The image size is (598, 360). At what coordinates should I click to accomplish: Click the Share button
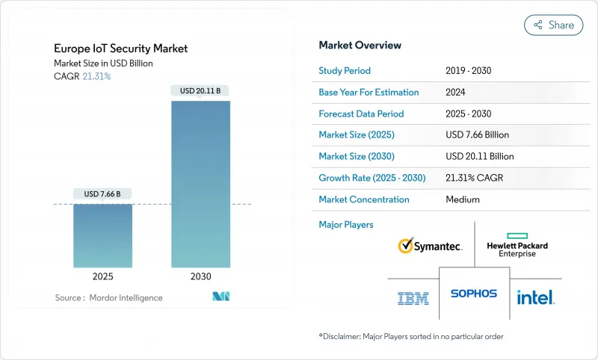pyautogui.click(x=553, y=25)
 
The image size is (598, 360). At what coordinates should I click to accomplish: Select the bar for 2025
pyautogui.click(x=102, y=235)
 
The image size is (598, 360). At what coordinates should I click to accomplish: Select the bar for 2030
pyautogui.click(x=200, y=184)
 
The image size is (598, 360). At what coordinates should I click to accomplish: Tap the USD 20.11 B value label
pyautogui.click(x=200, y=91)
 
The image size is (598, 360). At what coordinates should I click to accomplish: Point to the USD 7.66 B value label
pyautogui.click(x=102, y=194)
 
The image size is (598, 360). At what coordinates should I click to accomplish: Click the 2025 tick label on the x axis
pyautogui.click(x=102, y=276)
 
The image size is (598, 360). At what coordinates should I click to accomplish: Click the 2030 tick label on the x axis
pyautogui.click(x=200, y=276)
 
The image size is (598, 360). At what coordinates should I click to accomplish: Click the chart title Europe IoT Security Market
pyautogui.click(x=120, y=49)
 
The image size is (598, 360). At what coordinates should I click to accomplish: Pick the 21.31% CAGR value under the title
pyautogui.click(x=96, y=76)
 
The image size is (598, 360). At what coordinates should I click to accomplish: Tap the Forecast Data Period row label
pyautogui.click(x=361, y=114)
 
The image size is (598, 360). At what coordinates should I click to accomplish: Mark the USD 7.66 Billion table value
pyautogui.click(x=477, y=135)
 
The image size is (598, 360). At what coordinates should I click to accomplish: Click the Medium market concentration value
pyautogui.click(x=462, y=199)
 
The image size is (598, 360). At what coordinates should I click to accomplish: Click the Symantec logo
pyautogui.click(x=430, y=246)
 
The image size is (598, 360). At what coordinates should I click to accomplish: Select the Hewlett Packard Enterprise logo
pyautogui.click(x=517, y=245)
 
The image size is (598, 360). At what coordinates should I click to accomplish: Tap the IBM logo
pyautogui.click(x=413, y=298)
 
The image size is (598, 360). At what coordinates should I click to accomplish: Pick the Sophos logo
pyautogui.click(x=473, y=294)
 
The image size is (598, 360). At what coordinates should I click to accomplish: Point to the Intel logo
pyautogui.click(x=535, y=297)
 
